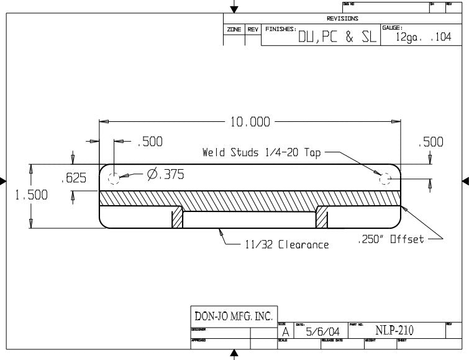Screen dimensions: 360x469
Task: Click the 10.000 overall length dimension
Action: tap(250, 122)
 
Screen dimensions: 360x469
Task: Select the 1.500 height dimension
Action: tap(31, 195)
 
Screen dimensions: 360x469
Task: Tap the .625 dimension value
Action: tap(73, 179)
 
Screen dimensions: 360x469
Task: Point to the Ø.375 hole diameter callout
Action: tap(165, 175)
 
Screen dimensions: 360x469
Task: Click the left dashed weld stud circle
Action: tap(114, 179)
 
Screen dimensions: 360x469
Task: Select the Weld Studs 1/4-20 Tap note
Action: tap(262, 152)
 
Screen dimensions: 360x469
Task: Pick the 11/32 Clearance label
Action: tap(285, 245)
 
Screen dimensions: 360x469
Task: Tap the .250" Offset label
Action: tap(391, 240)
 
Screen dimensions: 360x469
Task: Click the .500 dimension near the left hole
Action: tap(150, 142)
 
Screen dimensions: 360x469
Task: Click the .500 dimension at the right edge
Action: tap(431, 142)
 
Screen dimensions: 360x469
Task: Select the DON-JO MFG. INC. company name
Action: tap(234, 316)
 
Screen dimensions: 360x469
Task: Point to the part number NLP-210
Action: tap(394, 330)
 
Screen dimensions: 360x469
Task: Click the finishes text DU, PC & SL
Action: tap(337, 37)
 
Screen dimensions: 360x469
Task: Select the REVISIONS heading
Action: tap(342, 19)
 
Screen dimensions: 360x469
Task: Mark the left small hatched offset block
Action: tap(178, 218)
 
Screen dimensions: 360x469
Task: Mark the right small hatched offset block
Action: tap(322, 218)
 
